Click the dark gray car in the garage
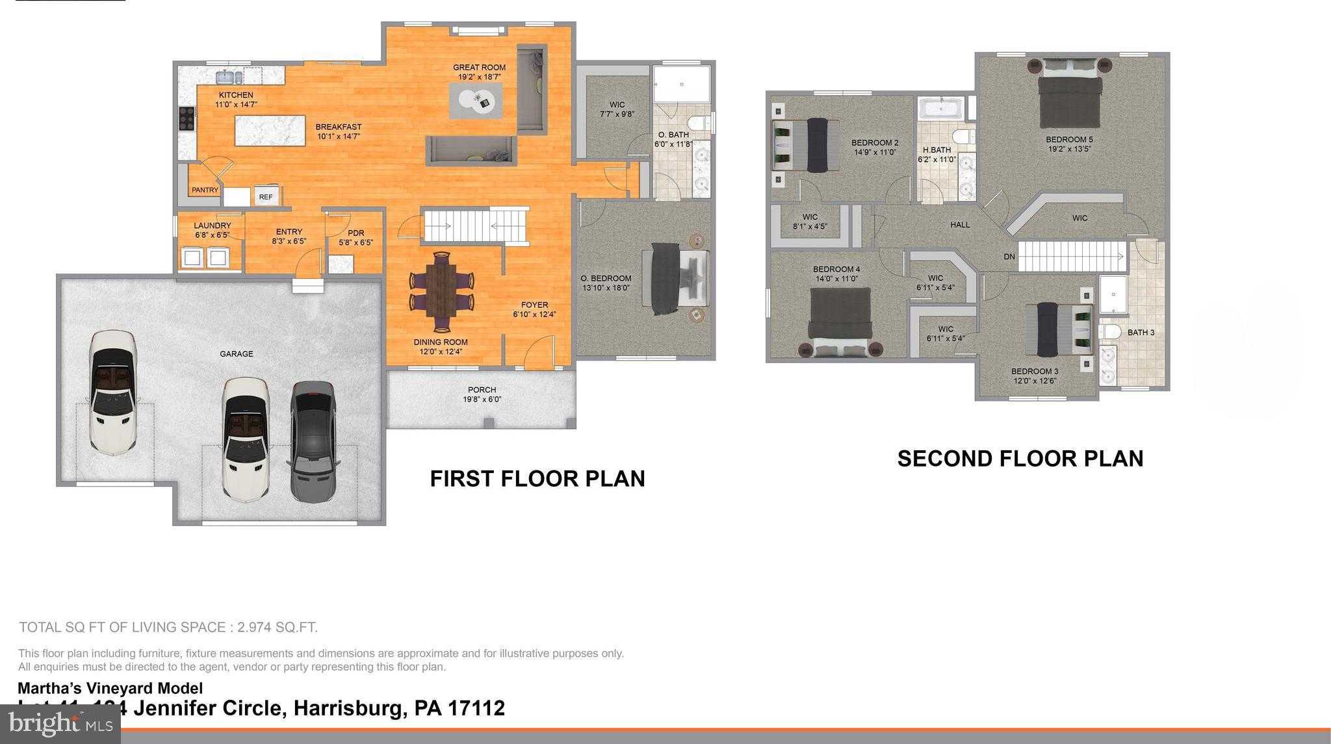click(315, 441)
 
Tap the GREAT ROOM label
click(479, 68)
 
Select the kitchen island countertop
click(270, 131)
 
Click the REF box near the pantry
click(266, 197)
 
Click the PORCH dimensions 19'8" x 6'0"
click(482, 400)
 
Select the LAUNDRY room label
click(212, 226)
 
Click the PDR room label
click(355, 233)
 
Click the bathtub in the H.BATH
click(940, 109)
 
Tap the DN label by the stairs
click(1009, 257)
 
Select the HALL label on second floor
click(959, 225)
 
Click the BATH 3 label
click(1141, 333)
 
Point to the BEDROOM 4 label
click(836, 269)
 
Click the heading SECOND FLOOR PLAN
click(1020, 459)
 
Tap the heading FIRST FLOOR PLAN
click(537, 479)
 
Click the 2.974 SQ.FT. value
click(278, 628)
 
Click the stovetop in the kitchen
click(186, 119)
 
